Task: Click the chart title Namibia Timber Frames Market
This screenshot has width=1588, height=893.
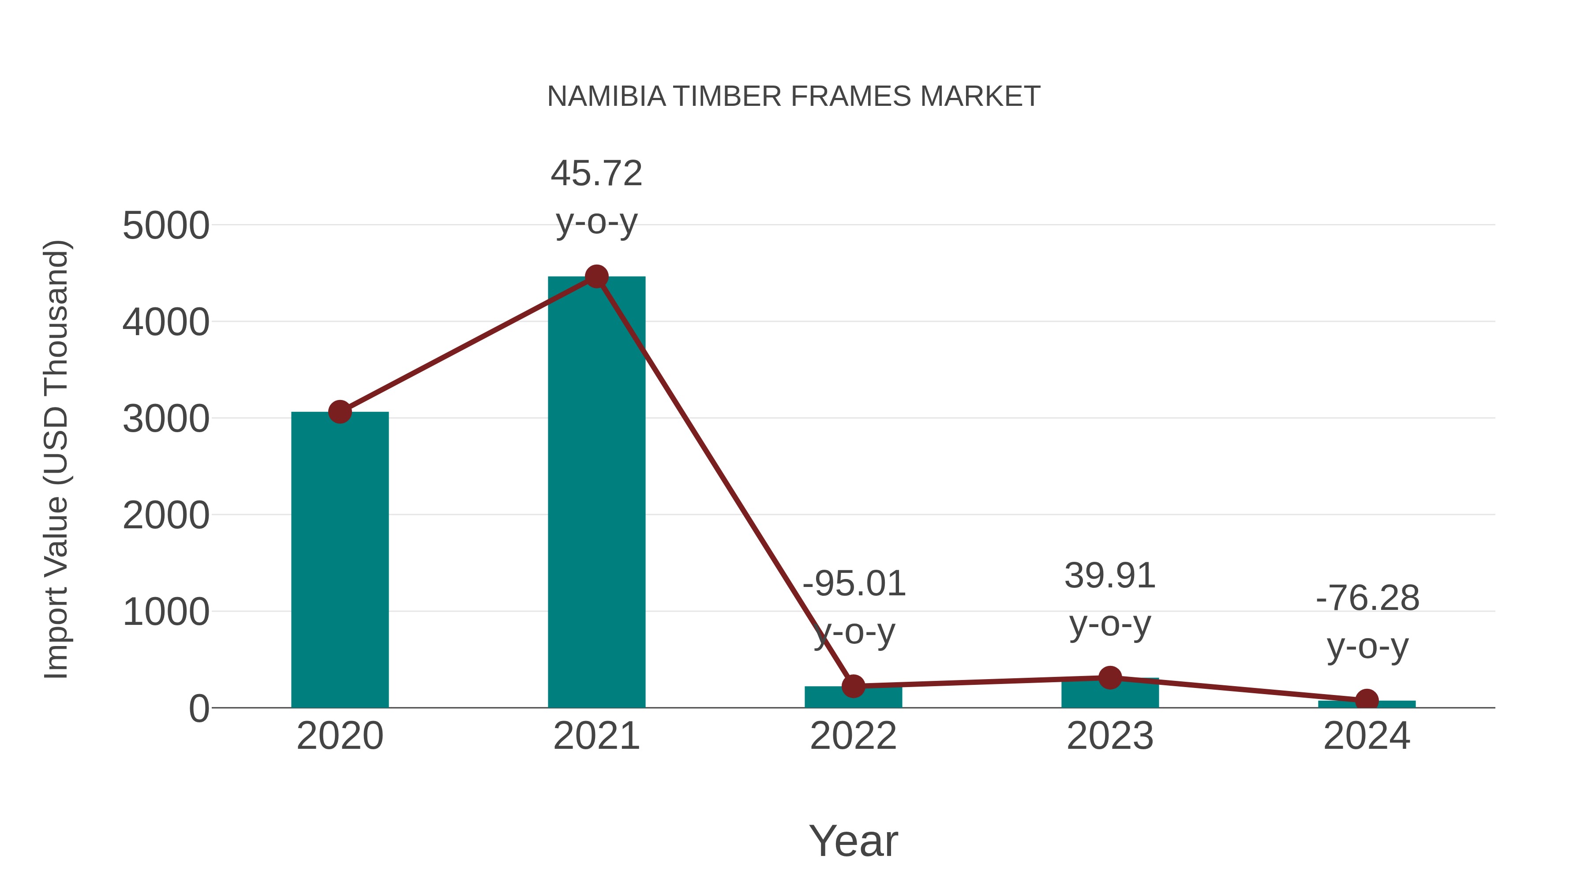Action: coord(794,97)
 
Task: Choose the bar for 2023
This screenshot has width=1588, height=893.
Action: coord(1110,695)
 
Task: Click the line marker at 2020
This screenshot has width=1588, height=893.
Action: coord(340,412)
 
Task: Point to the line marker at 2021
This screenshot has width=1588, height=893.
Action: coord(596,276)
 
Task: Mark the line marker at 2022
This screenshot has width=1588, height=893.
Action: coord(853,685)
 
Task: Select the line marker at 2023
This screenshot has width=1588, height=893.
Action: coord(1110,678)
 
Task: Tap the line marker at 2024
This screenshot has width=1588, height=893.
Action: coord(1367,701)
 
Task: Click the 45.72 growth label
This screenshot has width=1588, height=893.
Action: coord(596,173)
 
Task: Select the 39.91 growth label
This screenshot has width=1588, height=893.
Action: coord(1110,576)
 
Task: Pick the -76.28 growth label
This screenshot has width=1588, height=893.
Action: coord(1367,598)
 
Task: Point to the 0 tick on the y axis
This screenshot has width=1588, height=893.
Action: coord(198,709)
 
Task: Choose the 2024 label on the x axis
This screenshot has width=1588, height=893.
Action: coord(1367,736)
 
